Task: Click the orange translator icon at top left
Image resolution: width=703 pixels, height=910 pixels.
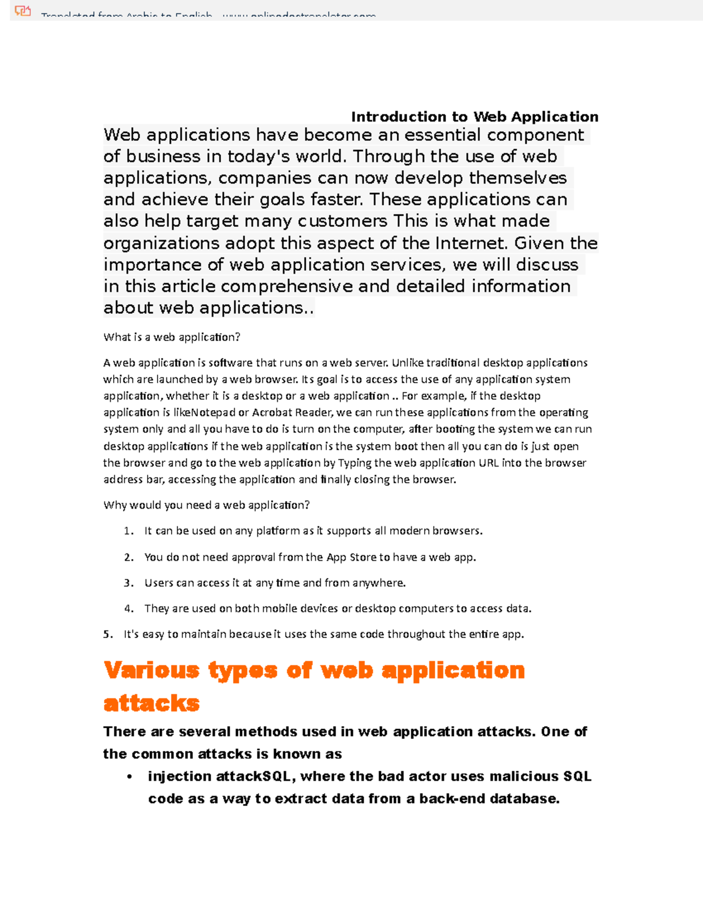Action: click(23, 11)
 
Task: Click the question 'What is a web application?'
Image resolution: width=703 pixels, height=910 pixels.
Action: click(172, 337)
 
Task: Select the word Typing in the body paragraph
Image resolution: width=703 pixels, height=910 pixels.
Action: click(354, 463)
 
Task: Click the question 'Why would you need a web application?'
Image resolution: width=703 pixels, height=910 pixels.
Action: click(206, 505)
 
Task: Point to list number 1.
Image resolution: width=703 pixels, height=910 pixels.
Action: click(128, 531)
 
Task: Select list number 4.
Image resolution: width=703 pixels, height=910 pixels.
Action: click(128, 609)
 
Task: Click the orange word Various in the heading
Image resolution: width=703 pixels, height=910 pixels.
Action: click(152, 670)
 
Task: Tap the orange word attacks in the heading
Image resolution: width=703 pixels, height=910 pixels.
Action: click(152, 703)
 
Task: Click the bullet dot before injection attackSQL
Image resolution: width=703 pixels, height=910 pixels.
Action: click(129, 777)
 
